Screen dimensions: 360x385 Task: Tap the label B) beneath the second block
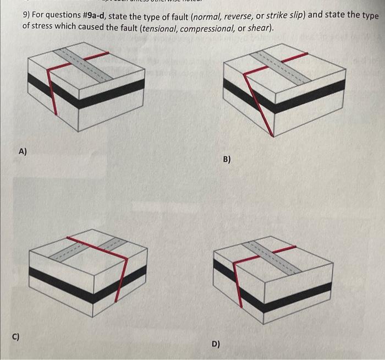pos(227,160)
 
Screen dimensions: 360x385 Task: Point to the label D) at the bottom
pos(216,344)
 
